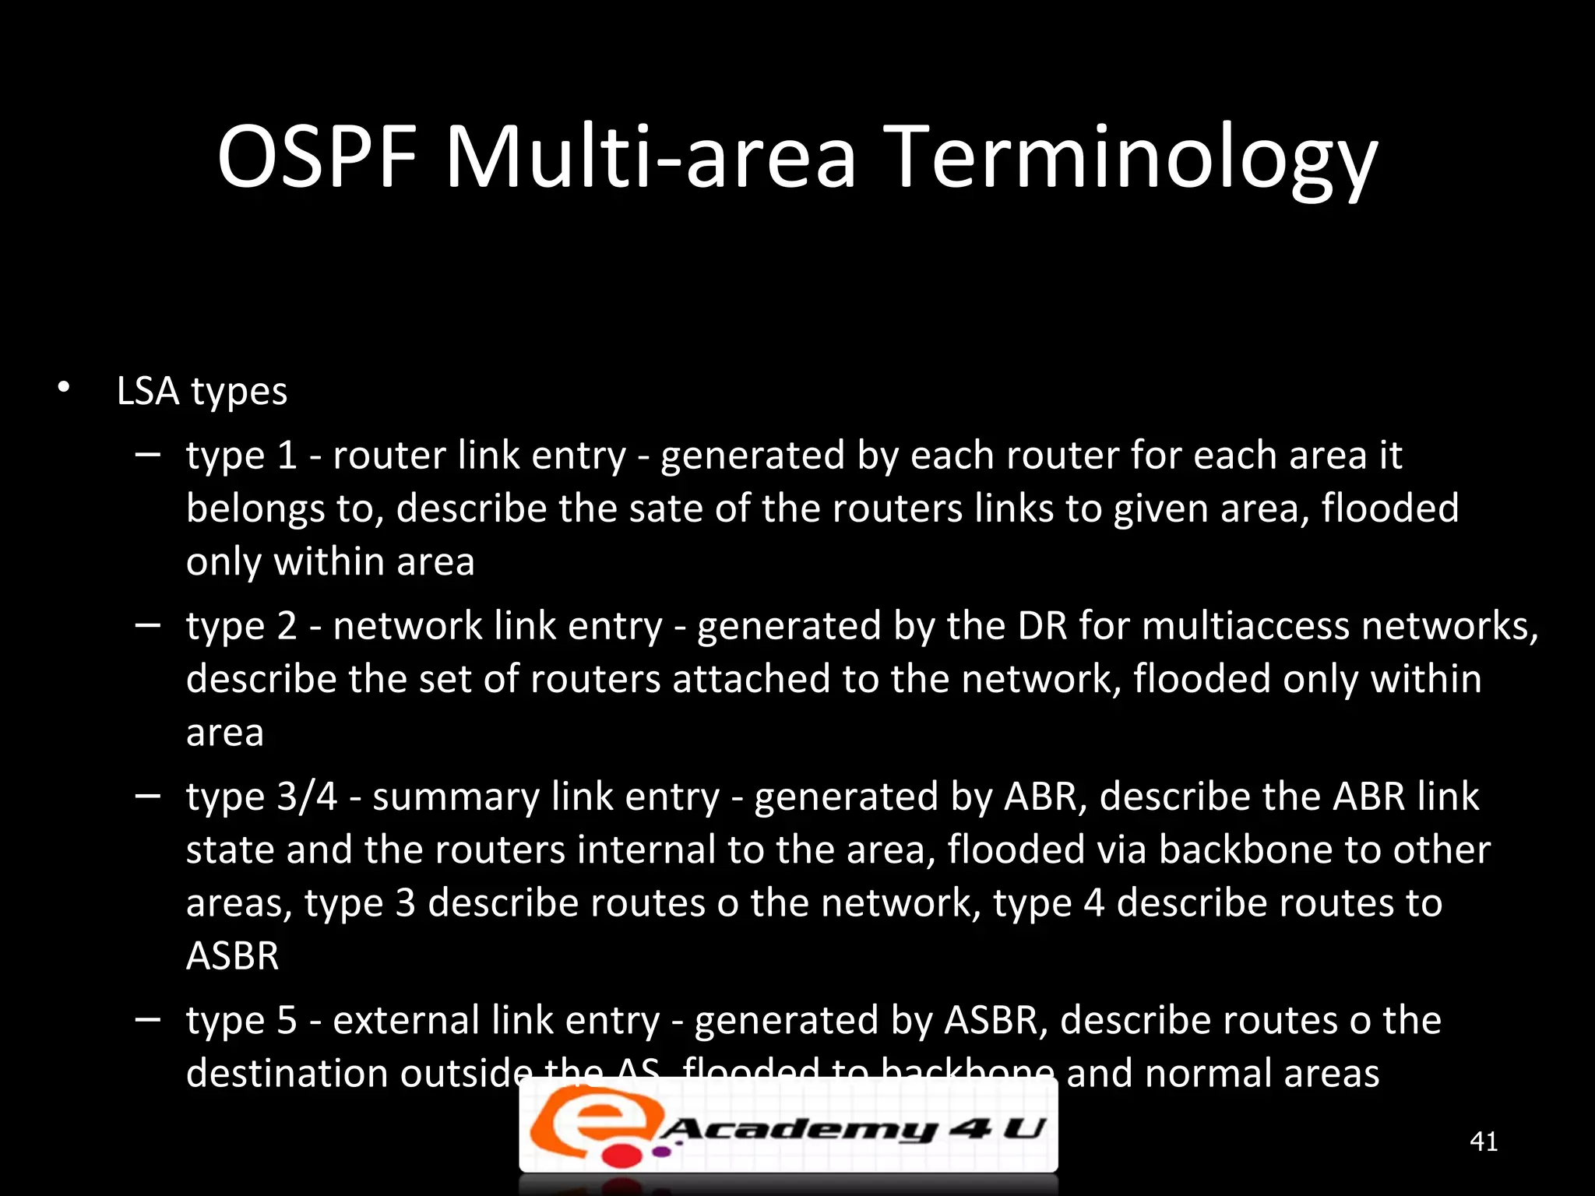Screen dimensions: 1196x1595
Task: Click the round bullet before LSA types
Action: pos(64,387)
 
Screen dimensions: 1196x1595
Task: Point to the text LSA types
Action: pos(202,391)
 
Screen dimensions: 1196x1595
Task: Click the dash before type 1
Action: pos(147,454)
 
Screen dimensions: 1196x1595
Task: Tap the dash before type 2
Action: pos(147,624)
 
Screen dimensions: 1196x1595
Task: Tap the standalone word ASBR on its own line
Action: pos(232,955)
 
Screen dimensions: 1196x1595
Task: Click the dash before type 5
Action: pos(147,1019)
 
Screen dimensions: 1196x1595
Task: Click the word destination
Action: pos(287,1073)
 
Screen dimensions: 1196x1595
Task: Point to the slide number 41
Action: pos(1483,1141)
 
